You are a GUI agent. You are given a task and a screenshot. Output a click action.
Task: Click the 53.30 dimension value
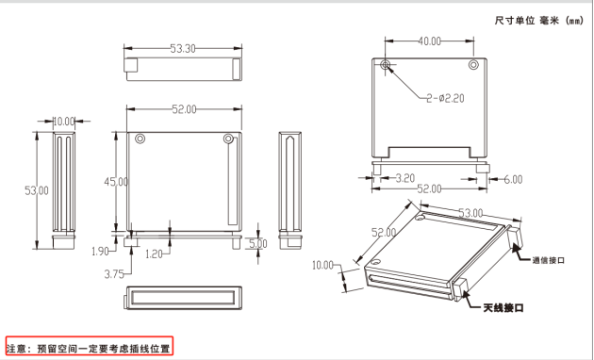pyautogui.click(x=183, y=48)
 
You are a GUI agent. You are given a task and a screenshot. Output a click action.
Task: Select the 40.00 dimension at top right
pyautogui.click(x=430, y=41)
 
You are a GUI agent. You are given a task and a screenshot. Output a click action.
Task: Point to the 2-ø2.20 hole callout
pyautogui.click(x=445, y=98)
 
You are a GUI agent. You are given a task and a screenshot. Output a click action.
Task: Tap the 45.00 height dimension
pyautogui.click(x=116, y=182)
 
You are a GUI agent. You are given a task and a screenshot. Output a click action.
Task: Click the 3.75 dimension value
pyautogui.click(x=114, y=274)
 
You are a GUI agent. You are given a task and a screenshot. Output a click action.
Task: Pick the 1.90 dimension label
pyautogui.click(x=100, y=251)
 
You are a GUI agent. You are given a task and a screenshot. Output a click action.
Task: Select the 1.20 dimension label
pyautogui.click(x=154, y=254)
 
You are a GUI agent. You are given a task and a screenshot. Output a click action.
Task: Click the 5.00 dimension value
pyautogui.click(x=258, y=243)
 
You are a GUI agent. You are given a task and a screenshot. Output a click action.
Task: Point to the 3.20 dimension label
pyautogui.click(x=405, y=178)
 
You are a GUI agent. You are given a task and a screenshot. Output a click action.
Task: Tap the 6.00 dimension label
pyautogui.click(x=513, y=179)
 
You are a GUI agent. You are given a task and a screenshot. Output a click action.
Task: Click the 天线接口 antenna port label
pyautogui.click(x=503, y=308)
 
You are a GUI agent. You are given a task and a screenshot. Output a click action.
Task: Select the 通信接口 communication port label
pyautogui.click(x=548, y=260)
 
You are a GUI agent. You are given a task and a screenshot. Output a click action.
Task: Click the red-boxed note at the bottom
pyautogui.click(x=90, y=346)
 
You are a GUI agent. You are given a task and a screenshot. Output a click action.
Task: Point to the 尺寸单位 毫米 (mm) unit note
pyautogui.click(x=539, y=21)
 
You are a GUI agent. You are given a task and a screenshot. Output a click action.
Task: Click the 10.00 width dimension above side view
pyautogui.click(x=64, y=122)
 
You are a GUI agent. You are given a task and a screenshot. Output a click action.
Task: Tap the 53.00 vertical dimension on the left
pyautogui.click(x=37, y=190)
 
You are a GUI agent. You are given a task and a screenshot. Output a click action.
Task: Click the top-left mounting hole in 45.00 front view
pyautogui.click(x=140, y=139)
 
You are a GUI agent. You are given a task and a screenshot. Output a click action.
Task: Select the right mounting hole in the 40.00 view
pyautogui.click(x=473, y=65)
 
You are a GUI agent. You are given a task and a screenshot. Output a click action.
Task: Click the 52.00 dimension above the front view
pyautogui.click(x=184, y=109)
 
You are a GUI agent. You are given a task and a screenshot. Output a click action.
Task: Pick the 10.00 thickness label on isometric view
pyautogui.click(x=322, y=266)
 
